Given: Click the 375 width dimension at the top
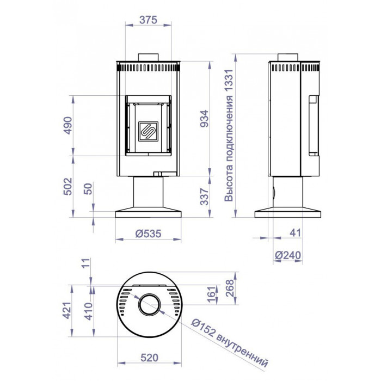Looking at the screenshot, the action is pyautogui.click(x=148, y=20).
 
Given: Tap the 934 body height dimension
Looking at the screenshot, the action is pyautogui.click(x=204, y=119).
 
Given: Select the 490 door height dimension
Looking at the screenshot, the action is pyautogui.click(x=68, y=125).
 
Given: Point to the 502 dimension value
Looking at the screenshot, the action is pyautogui.click(x=68, y=186).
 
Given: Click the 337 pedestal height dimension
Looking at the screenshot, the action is pyautogui.click(x=204, y=196).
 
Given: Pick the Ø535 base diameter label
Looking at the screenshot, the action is pyautogui.click(x=148, y=233).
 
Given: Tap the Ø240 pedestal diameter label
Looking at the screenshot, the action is pyautogui.click(x=288, y=255).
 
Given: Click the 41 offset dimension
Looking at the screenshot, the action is pyautogui.click(x=296, y=233).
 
